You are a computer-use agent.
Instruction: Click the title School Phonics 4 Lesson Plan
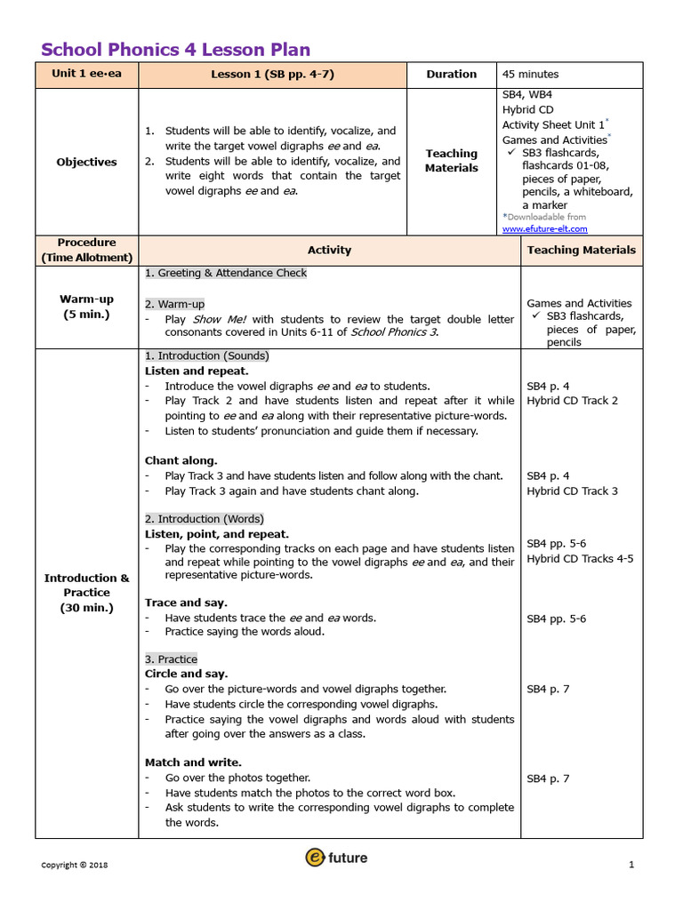point(176,50)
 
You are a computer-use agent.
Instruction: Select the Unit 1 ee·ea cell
point(86,75)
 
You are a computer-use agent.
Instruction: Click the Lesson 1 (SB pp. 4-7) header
point(272,75)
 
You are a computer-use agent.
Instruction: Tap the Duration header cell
point(451,75)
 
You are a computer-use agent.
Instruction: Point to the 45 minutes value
point(530,75)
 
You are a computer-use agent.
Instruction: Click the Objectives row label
point(86,162)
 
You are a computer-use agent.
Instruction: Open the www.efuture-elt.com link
point(544,229)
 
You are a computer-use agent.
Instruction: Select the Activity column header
point(329,251)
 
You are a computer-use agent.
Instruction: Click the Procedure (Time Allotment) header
point(86,250)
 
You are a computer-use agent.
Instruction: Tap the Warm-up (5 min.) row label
point(86,307)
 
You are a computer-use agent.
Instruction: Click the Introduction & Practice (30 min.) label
point(86,593)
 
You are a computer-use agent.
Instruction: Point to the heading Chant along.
point(181,460)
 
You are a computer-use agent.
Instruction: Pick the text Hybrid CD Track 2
point(572,401)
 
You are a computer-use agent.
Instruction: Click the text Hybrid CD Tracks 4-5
point(580,559)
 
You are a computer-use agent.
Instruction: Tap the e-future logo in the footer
point(336,858)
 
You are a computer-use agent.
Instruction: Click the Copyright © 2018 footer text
point(75,865)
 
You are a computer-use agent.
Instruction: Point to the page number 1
point(631,865)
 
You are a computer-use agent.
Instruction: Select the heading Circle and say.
point(186,674)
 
